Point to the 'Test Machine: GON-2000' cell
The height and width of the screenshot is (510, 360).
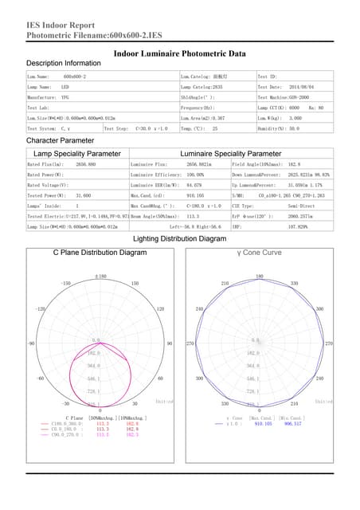288,96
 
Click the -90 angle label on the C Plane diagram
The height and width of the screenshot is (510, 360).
29,343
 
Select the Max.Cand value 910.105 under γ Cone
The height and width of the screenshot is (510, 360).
264,423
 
